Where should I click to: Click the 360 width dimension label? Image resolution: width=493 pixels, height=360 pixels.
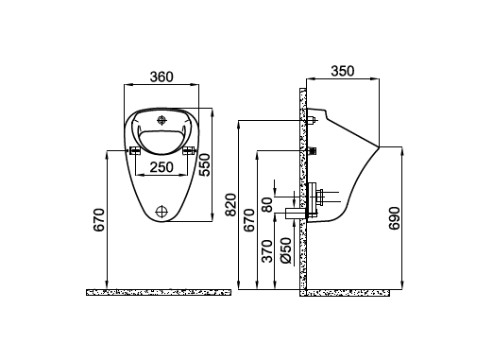click(x=161, y=77)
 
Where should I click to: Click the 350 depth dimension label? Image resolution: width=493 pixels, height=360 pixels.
click(x=343, y=71)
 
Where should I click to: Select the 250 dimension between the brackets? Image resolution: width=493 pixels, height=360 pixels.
click(x=161, y=167)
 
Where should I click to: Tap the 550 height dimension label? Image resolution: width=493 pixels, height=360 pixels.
click(x=205, y=164)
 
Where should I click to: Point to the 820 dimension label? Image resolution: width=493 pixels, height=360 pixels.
click(x=231, y=205)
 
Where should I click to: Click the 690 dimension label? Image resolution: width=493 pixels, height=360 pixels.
click(x=394, y=218)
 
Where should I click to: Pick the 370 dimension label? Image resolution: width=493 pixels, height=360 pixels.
click(x=267, y=251)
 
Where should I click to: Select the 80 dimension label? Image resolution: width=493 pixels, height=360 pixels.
click(x=267, y=205)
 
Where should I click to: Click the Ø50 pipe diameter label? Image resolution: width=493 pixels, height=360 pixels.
click(x=286, y=250)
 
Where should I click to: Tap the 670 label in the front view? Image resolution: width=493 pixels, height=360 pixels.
click(x=98, y=220)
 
